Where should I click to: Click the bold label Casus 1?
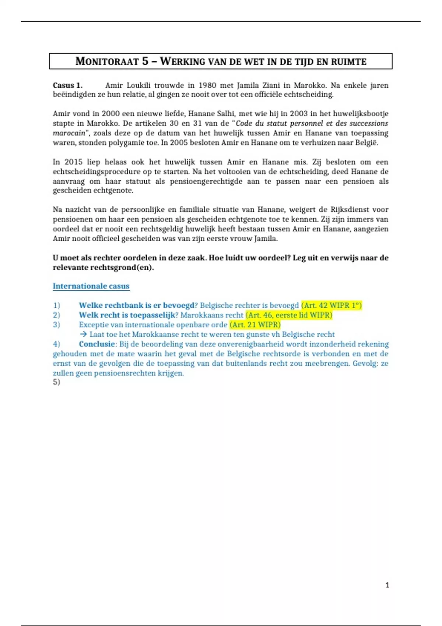coord(67,85)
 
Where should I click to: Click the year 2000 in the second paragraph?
coord(110,114)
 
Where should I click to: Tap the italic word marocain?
coord(69,133)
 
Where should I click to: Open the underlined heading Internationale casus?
coord(91,286)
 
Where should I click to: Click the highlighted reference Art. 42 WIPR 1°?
coord(331,305)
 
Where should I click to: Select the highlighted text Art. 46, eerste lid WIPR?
coord(289,315)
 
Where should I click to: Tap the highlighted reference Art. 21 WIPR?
coord(255,324)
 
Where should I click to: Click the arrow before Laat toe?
coord(83,334)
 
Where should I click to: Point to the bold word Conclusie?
coord(97,344)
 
